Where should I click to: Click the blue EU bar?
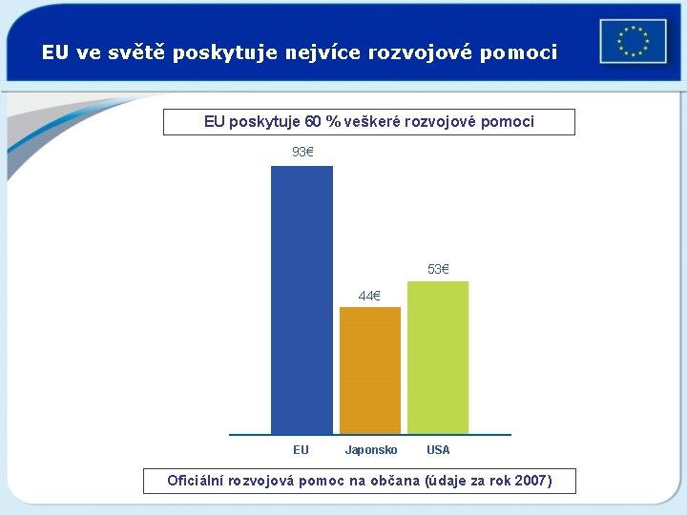(x=302, y=300)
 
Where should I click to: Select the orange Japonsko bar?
(x=370, y=370)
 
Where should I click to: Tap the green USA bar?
(x=438, y=358)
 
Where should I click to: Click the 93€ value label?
(x=302, y=152)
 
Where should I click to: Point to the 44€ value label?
(x=369, y=296)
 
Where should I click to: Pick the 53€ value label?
(x=438, y=269)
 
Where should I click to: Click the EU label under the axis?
(x=302, y=450)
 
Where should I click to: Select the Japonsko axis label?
(x=371, y=450)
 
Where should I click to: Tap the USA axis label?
(x=438, y=450)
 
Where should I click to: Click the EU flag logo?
(x=633, y=42)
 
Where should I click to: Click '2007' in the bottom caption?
(x=531, y=481)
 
